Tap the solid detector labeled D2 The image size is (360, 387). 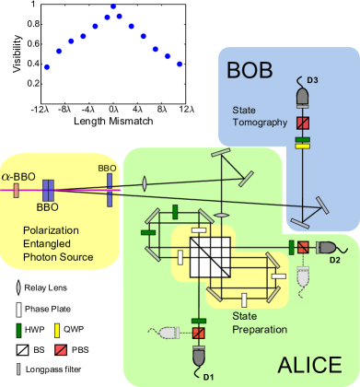(x=327, y=247)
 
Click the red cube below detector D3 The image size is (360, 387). (x=300, y=123)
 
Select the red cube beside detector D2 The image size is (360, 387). (x=302, y=247)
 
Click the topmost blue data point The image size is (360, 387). (x=115, y=7)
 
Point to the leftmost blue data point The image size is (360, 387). (x=48, y=67)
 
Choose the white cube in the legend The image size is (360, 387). (x=21, y=351)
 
